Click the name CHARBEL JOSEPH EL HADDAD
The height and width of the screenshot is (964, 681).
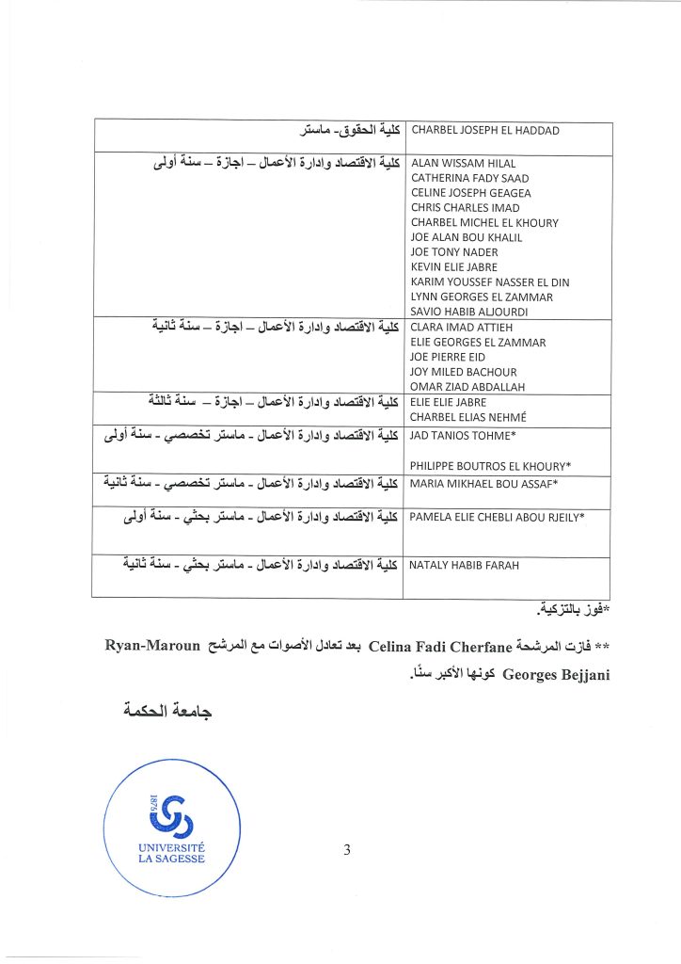[x=485, y=131]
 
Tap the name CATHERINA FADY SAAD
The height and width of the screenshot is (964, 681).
[x=469, y=178]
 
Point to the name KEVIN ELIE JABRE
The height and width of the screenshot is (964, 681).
[x=454, y=266]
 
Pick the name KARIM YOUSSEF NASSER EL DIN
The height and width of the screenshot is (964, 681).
[x=490, y=281]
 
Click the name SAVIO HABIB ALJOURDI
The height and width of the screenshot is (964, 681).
[x=471, y=312]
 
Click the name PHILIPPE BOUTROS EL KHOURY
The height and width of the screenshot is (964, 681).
[x=491, y=466]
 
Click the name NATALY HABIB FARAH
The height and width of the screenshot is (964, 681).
[x=465, y=566]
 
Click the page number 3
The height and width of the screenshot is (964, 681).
[x=347, y=852]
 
